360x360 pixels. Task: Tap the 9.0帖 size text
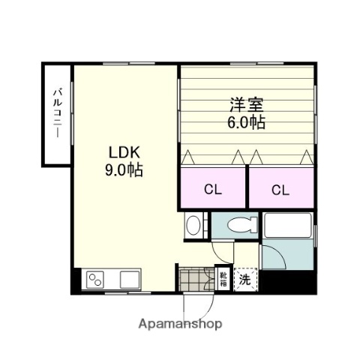(124, 169)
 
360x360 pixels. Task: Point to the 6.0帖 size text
(247, 121)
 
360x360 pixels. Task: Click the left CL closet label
(214, 190)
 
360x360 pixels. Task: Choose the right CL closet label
(280, 190)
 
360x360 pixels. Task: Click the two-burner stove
(97, 280)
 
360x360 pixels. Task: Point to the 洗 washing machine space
(244, 279)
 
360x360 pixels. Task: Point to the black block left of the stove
(76, 280)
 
